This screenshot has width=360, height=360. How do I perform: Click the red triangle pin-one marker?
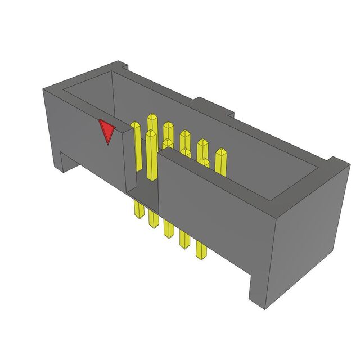pos(106,131)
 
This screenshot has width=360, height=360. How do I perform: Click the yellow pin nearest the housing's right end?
pos(221,160)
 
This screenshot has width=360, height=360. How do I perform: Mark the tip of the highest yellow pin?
pos(152,116)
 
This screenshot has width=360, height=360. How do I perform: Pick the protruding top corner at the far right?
pos(338,163)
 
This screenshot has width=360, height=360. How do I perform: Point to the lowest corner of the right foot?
pos(264,309)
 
